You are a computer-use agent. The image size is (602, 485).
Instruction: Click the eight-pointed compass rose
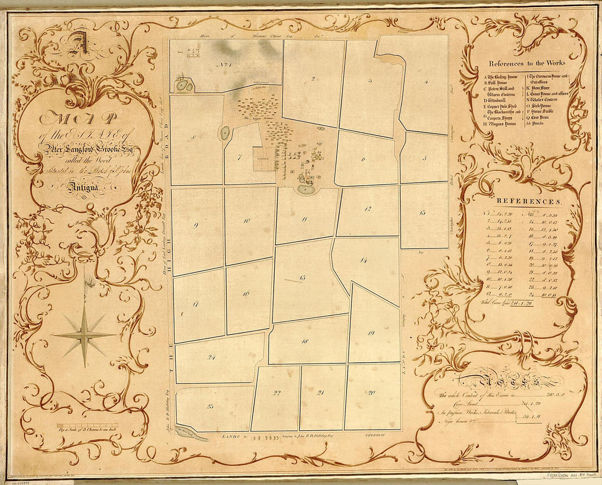click(85, 335)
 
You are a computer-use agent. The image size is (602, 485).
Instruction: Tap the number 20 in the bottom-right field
click(372, 392)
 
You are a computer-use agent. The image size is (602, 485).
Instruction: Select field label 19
click(371, 333)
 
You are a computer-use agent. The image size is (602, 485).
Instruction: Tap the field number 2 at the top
click(313, 79)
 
